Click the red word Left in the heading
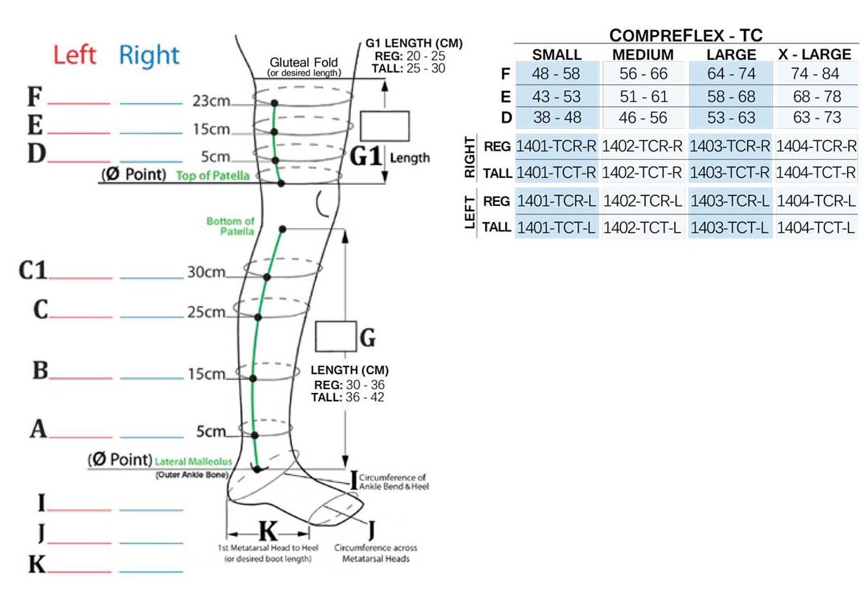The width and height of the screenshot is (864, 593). (x=75, y=55)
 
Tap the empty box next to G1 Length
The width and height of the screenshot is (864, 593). (x=384, y=126)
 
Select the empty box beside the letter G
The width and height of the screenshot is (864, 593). (x=336, y=336)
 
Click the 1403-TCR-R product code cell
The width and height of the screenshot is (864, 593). (x=730, y=146)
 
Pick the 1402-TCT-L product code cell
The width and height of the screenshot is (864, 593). (x=643, y=228)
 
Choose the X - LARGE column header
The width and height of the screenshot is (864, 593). (x=815, y=54)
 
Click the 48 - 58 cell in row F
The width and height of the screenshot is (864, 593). (x=556, y=73)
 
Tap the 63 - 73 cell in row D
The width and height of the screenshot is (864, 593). (x=817, y=118)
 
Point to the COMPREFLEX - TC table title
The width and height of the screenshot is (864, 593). (x=685, y=35)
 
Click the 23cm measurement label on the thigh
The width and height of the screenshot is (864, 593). (x=211, y=101)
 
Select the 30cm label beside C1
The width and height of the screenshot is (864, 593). (x=206, y=272)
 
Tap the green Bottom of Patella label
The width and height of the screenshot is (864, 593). (x=230, y=226)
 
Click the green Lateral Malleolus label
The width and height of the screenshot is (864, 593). (x=193, y=462)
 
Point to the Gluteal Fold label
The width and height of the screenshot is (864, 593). (x=304, y=62)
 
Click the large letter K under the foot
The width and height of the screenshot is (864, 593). (x=267, y=531)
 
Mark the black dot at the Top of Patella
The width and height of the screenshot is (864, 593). (x=281, y=184)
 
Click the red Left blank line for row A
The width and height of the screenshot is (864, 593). (x=80, y=436)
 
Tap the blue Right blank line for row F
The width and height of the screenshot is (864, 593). (x=151, y=103)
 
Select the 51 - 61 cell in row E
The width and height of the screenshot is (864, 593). (x=643, y=96)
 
